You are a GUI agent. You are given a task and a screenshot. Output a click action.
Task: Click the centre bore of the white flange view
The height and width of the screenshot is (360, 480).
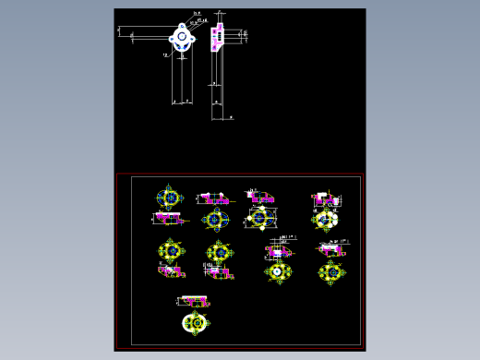point(182,39)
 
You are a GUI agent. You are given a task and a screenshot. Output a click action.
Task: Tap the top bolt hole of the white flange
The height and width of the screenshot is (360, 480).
point(182,27)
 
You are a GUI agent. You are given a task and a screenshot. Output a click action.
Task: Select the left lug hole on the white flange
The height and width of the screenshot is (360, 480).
point(173,39)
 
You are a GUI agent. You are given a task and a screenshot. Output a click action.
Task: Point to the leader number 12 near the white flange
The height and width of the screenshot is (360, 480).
point(165,55)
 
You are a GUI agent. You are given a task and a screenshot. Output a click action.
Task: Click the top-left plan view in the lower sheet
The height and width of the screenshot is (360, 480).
point(169,197)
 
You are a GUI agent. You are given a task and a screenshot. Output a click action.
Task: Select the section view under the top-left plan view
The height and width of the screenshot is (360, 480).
point(168,218)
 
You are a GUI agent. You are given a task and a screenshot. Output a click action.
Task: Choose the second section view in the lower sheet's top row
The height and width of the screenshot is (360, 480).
point(215,198)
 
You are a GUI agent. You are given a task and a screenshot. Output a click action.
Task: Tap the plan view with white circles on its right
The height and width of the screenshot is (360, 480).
point(326,219)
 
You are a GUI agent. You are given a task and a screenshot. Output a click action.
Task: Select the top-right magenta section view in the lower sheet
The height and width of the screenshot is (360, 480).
point(324,198)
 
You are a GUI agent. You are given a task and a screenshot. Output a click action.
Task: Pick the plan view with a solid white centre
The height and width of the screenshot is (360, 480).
point(277,270)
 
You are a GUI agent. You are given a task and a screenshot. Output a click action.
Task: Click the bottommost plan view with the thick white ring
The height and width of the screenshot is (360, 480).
point(196,322)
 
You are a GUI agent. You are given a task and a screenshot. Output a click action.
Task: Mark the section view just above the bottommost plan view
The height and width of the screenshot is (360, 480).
point(195,301)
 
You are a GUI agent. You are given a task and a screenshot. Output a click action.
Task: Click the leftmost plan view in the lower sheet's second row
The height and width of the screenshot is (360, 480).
point(170,250)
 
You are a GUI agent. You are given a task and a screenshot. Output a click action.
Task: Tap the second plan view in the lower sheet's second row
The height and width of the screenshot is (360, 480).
point(220,251)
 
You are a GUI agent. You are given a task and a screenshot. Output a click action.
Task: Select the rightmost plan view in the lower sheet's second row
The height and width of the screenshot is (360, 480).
point(330,271)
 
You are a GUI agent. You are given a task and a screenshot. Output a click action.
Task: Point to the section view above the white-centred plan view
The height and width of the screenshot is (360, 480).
point(279,250)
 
